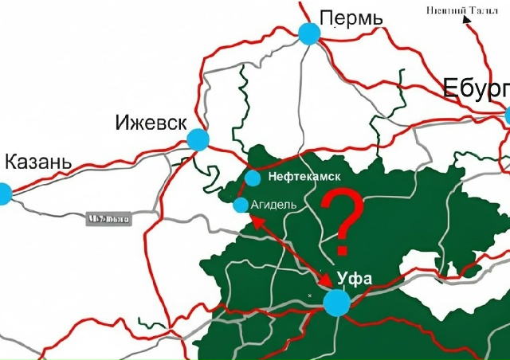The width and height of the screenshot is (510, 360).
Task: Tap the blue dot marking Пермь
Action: point(309,33)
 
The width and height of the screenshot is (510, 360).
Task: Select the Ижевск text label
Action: point(151,123)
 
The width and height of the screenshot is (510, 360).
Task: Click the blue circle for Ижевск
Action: point(198,141)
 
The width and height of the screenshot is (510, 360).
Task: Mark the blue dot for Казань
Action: point(4,194)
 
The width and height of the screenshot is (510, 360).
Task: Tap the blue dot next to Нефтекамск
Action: point(253,178)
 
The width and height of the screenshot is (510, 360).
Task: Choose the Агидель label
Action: point(273,205)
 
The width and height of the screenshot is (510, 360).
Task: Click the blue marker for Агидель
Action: point(241,205)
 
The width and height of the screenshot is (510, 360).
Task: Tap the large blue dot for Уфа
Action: point(336,303)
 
